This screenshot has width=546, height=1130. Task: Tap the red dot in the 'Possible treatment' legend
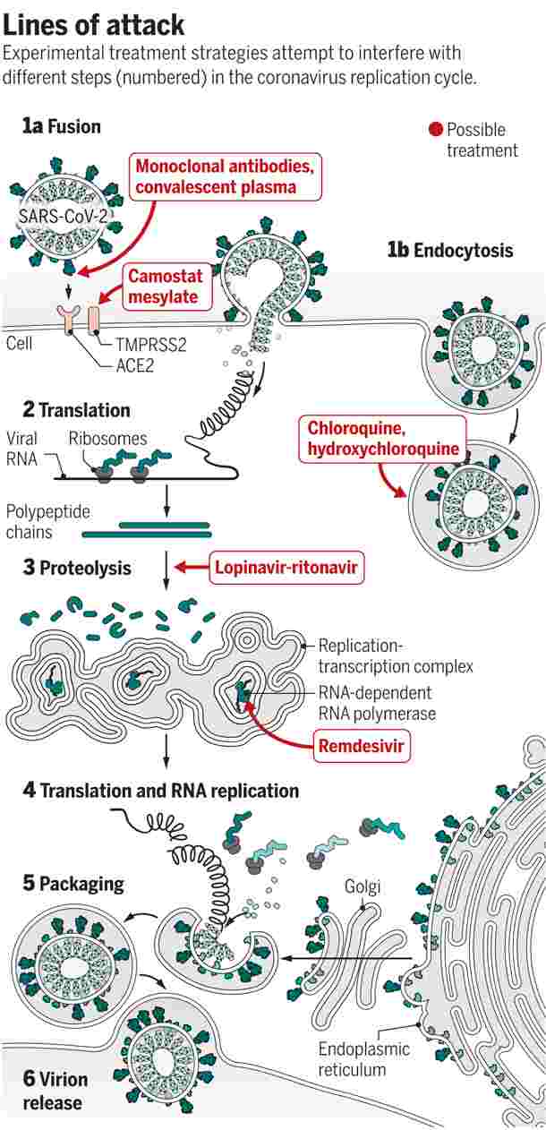pyautogui.click(x=436, y=130)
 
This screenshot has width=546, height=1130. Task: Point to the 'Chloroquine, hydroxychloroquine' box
pyautogui.click(x=383, y=440)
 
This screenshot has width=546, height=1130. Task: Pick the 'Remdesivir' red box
pyautogui.click(x=361, y=744)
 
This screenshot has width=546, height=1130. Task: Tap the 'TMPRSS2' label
pyautogui.click(x=150, y=345)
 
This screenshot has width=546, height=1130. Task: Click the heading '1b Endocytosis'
pyautogui.click(x=450, y=249)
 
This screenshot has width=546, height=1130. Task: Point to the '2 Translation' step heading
pyautogui.click(x=76, y=410)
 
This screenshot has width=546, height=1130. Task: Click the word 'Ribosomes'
pyautogui.click(x=107, y=439)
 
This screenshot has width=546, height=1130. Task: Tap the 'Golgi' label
pyautogui.click(x=363, y=886)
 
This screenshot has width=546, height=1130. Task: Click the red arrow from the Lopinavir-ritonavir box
pyautogui.click(x=189, y=568)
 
